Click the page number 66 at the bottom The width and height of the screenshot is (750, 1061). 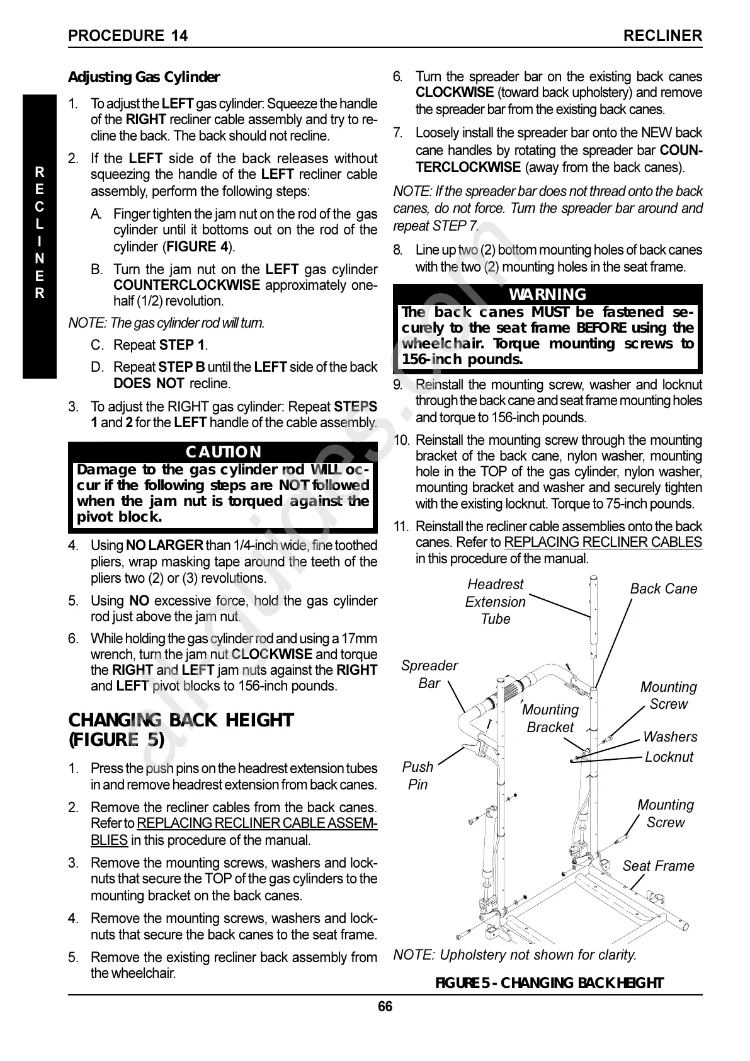point(385,1006)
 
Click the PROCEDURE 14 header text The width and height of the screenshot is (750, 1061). point(128,35)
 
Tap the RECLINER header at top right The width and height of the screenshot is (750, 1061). point(662,35)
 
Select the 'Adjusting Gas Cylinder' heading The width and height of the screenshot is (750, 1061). point(144,77)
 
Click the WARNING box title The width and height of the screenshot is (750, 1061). point(547,294)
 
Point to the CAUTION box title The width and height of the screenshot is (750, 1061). point(223,452)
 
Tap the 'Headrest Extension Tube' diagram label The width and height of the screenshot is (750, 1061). point(495,602)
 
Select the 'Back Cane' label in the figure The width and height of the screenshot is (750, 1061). point(663,588)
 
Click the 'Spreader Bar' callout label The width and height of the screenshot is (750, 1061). point(429,674)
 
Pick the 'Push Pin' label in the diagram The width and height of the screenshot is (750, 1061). point(418,776)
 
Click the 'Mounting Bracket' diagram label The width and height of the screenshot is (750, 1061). point(550,718)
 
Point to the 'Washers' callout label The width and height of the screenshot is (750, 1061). point(670,737)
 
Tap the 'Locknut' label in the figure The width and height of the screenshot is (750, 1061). point(669,757)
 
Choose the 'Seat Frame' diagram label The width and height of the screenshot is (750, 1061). point(658,866)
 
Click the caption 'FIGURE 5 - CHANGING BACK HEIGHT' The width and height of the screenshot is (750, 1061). point(549,983)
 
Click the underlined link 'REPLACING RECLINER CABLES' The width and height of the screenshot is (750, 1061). point(603,542)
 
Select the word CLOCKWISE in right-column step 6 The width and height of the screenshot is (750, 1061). point(455,93)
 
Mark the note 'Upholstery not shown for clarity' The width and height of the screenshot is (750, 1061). point(514,955)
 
